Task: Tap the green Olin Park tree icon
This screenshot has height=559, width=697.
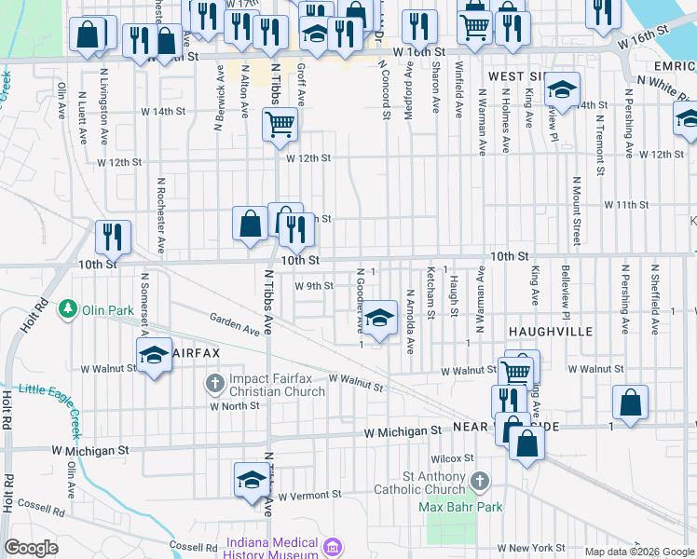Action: [67, 308]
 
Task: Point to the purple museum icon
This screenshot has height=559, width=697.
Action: [333, 546]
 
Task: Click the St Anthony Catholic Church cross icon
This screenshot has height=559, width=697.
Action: [480, 482]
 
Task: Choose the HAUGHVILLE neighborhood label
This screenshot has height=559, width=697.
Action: [545, 331]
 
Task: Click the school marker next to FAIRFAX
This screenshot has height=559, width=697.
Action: [155, 355]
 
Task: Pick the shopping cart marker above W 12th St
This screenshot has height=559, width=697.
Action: [280, 124]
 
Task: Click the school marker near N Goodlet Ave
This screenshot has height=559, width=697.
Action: [379, 318]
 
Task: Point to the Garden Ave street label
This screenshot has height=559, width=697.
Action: [235, 323]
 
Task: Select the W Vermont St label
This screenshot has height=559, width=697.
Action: [310, 495]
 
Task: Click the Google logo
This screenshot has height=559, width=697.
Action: [32, 548]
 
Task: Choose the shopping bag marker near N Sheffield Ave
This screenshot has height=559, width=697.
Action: [630, 402]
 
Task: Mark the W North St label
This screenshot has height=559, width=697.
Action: [234, 406]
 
